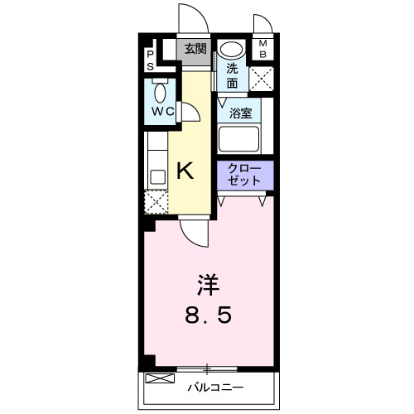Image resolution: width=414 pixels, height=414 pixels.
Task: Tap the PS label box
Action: point(150,59)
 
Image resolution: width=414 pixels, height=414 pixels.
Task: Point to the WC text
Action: point(161,111)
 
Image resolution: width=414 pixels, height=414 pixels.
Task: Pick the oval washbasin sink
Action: point(233,50)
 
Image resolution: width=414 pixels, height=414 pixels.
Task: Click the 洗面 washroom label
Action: point(233,76)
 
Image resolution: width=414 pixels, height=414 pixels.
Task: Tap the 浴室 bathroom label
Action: point(240,113)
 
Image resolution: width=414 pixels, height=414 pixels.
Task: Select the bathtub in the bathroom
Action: point(239,137)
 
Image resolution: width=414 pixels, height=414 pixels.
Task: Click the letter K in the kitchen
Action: point(186,171)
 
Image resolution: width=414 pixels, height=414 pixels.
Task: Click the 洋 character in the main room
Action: point(207,286)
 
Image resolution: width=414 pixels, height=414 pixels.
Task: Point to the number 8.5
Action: point(207,315)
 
